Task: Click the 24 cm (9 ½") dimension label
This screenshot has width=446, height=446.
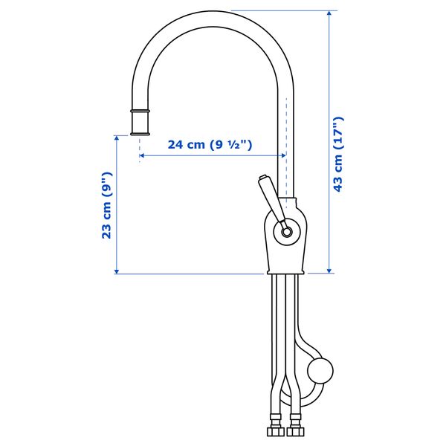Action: (210, 145)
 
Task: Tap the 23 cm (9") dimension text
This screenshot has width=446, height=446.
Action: (107, 205)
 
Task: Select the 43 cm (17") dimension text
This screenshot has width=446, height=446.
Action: (338, 154)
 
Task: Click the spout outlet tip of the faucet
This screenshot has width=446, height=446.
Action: (140, 134)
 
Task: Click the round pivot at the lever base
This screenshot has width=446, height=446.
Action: (286, 232)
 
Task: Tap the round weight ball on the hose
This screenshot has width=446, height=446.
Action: (320, 371)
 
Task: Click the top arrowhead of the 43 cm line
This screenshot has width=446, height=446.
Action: (329, 13)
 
